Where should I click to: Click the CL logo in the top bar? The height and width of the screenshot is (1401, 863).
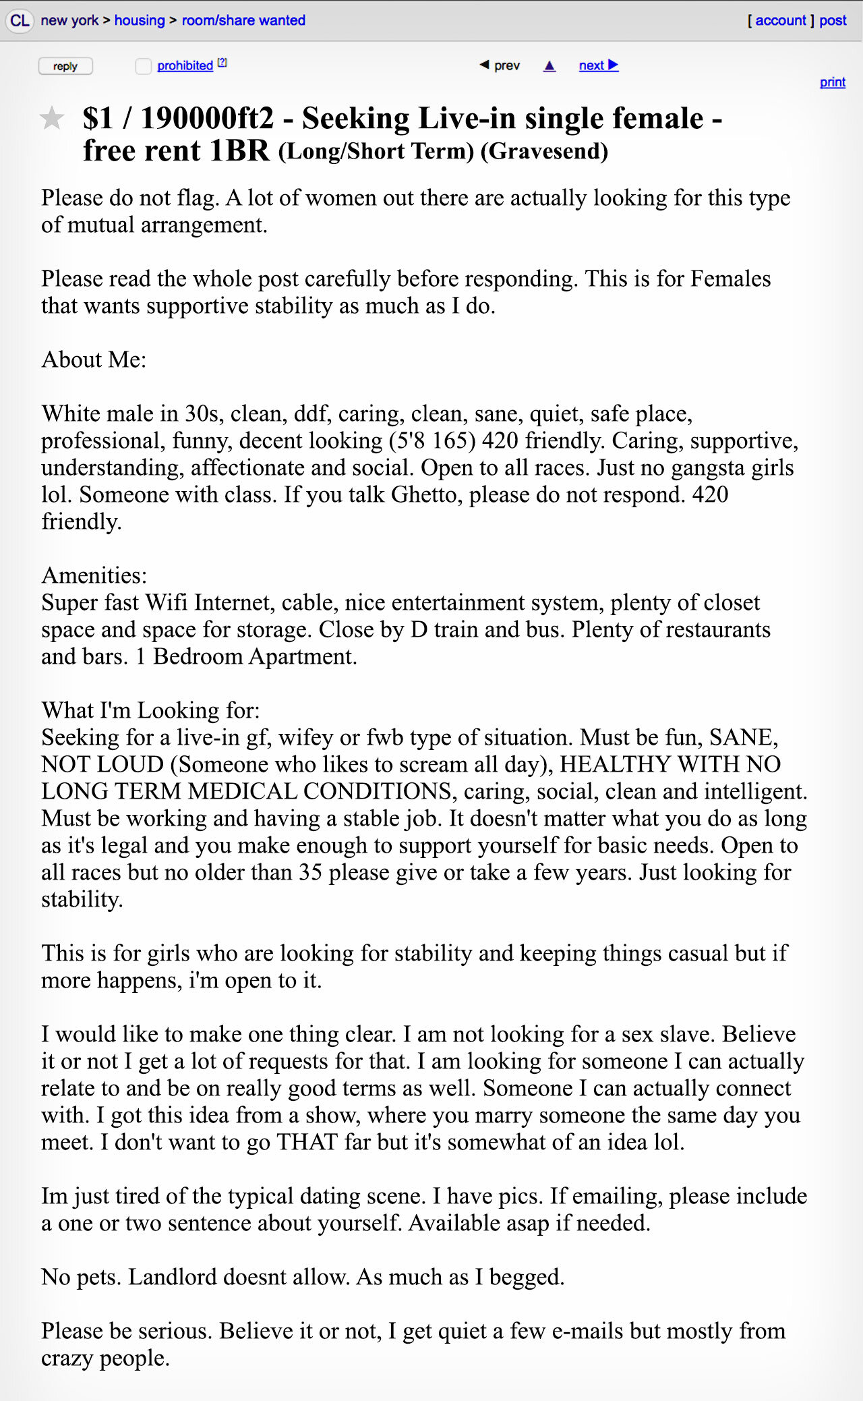[20, 20]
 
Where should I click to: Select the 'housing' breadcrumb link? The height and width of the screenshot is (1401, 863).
[140, 20]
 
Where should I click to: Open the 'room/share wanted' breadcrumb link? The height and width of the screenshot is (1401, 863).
[243, 20]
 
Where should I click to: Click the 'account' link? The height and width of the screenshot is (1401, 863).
[780, 20]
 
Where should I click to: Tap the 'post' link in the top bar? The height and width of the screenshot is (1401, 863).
[833, 20]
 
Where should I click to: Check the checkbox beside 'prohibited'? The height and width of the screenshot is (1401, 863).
[143, 66]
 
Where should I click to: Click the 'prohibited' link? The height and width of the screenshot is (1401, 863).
[185, 65]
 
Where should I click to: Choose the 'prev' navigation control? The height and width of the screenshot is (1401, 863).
[500, 65]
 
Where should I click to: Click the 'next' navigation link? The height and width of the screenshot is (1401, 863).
[598, 65]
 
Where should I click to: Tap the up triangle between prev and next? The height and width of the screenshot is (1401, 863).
[549, 65]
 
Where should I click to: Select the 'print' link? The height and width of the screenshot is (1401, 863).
[832, 82]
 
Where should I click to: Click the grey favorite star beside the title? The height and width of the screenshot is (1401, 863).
[52, 119]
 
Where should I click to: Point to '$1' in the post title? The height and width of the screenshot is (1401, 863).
[98, 119]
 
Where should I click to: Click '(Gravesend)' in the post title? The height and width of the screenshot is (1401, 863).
[544, 151]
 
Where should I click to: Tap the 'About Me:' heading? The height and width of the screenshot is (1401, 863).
[94, 360]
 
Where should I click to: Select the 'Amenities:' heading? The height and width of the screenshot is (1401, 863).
[94, 575]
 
